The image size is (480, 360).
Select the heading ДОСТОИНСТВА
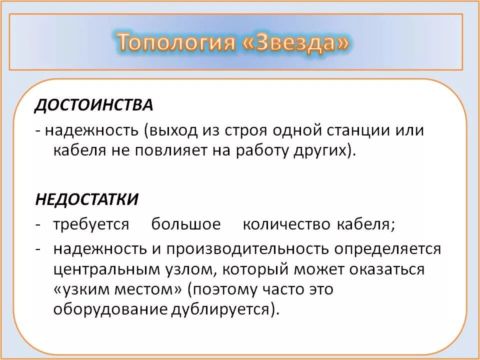pyautogui.click(x=93, y=105)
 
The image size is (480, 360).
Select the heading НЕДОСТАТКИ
pyautogui.click(x=86, y=199)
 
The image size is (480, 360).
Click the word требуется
pyautogui.click(x=91, y=224)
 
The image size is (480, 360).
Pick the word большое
pyautogui.click(x=186, y=224)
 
